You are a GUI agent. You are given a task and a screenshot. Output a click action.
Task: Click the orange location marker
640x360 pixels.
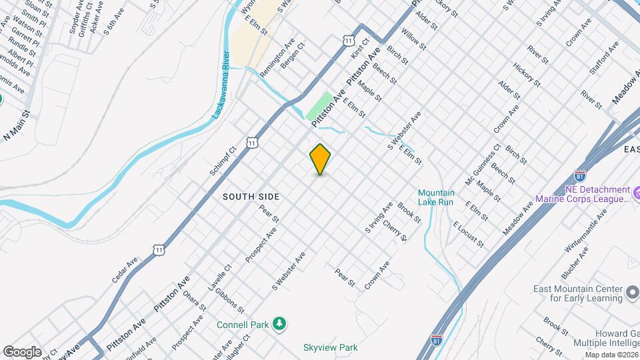pos(320,159)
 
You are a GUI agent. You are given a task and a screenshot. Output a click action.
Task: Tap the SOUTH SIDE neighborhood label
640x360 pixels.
pos(251,197)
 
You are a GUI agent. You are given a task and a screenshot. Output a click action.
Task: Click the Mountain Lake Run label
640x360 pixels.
pos(436,197)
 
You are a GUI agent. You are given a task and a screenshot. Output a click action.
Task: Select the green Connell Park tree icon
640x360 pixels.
pos(281,325)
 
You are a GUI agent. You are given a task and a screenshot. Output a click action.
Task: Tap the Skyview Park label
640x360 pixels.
pos(330,347)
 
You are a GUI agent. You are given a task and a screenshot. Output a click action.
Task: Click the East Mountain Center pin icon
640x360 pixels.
pos(632,293)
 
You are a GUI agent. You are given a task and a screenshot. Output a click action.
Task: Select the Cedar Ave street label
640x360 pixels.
pos(125,270)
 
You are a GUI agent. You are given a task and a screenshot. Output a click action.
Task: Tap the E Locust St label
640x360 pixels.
pos(469,234)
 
